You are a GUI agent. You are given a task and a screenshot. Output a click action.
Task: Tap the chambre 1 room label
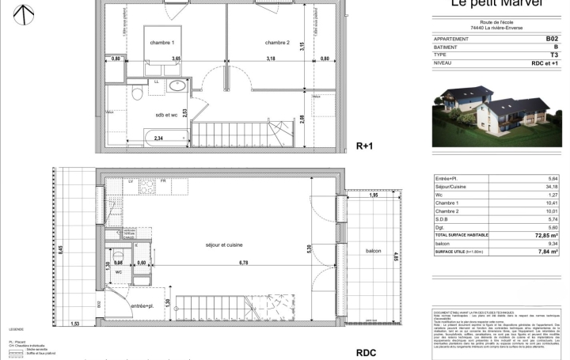162,42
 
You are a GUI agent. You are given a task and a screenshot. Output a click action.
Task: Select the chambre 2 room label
277,42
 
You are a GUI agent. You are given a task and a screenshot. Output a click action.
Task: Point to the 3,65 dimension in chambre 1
177,59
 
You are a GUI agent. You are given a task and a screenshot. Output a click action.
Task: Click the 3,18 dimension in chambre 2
271,59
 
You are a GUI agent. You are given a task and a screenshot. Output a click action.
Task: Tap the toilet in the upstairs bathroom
137,94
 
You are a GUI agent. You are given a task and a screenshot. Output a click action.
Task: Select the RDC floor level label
365,353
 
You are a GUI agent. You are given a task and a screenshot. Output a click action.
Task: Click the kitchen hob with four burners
147,188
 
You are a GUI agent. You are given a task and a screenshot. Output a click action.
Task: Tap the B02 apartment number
551,38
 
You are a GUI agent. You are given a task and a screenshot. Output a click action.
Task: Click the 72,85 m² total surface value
544,236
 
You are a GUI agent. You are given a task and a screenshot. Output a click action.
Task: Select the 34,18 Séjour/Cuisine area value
551,187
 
